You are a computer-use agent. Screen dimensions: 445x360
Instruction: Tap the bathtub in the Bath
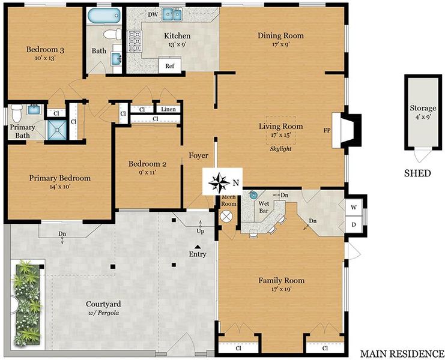click(x=104, y=16)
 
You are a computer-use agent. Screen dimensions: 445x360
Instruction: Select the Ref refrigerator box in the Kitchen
click(x=170, y=65)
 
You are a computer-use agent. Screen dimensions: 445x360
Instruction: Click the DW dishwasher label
click(x=153, y=14)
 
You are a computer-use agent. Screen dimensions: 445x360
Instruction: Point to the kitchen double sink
click(x=172, y=14)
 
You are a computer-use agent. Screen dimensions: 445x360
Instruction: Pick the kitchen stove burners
click(x=135, y=41)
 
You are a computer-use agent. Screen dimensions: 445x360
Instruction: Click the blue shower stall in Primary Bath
click(x=57, y=130)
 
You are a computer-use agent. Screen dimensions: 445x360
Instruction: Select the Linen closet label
click(x=168, y=109)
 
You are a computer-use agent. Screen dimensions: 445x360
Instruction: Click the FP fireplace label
click(x=327, y=130)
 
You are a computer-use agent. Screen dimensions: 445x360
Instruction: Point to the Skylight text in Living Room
click(x=280, y=149)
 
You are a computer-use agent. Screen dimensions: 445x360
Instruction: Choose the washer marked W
click(x=354, y=207)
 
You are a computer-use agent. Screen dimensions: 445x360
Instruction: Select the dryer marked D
click(x=354, y=225)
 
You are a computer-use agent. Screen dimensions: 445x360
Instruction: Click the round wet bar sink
click(x=253, y=195)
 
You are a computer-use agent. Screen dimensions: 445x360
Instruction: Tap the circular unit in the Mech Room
click(x=226, y=217)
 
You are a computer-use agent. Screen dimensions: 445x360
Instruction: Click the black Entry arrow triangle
click(x=198, y=247)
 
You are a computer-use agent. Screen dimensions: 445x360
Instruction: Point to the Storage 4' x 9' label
click(x=423, y=112)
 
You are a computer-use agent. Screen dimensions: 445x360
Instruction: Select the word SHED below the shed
click(x=417, y=173)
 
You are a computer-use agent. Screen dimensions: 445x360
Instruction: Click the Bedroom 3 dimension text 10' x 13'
click(x=45, y=58)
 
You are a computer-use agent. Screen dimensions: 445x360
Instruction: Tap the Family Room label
click(x=281, y=281)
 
